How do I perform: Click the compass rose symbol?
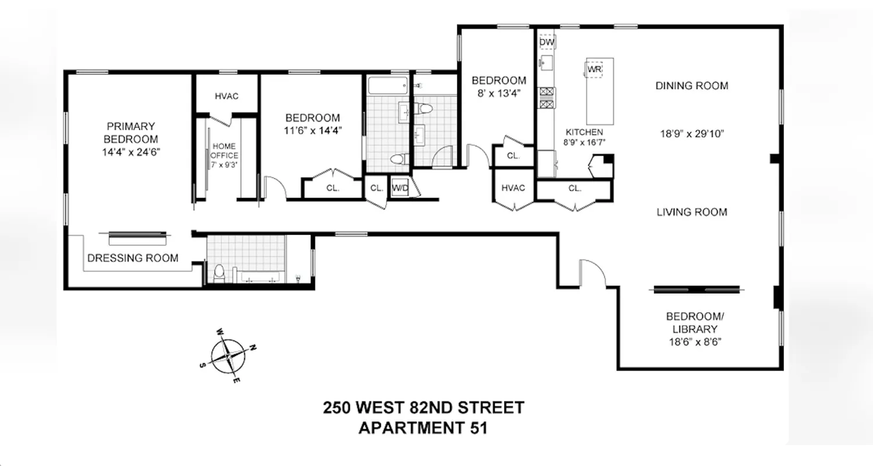coord(228,356)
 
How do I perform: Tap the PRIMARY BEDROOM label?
coord(130,133)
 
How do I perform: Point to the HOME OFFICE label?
coord(225,151)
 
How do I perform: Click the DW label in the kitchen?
coord(546,43)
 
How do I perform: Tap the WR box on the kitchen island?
coord(594,69)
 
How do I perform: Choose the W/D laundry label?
coord(400,188)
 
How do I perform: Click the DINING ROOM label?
coord(691,86)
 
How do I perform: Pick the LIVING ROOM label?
coord(691,212)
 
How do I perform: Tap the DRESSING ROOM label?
coord(133,258)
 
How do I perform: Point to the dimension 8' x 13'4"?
coord(499,93)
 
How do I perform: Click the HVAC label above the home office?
coord(226,96)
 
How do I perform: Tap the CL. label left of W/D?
coord(377,188)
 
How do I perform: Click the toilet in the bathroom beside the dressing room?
coord(219,273)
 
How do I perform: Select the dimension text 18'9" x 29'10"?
coord(691,133)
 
